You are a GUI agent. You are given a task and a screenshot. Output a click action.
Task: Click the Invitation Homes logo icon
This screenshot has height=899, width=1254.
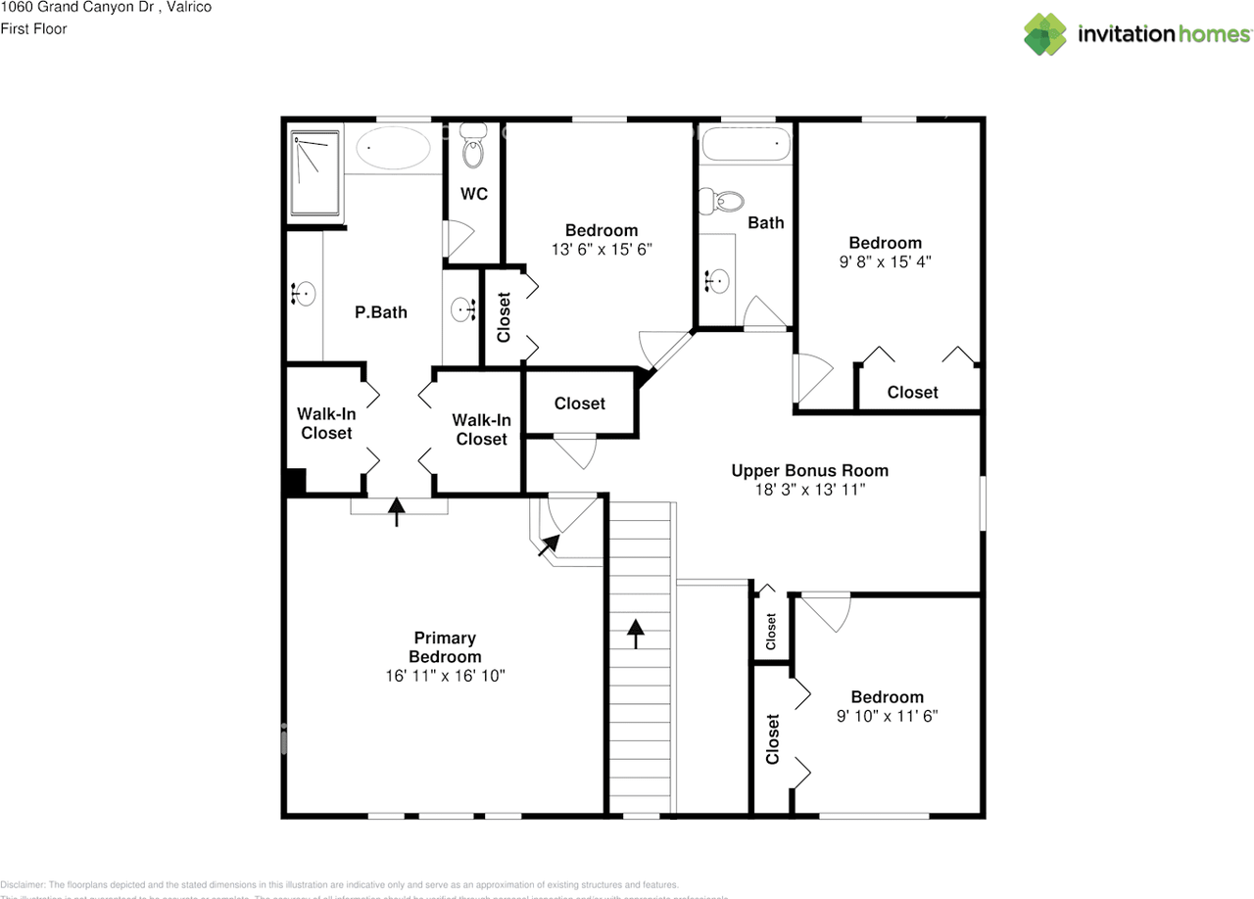point(1045,34)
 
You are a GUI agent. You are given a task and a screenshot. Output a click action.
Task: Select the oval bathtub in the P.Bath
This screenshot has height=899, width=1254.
point(392,150)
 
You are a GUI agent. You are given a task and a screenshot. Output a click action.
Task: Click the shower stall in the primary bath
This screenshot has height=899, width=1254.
point(315,172)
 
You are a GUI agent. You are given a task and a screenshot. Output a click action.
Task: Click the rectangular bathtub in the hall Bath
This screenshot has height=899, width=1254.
point(744,145)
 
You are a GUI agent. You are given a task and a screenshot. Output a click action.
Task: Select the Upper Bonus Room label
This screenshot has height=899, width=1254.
point(809,471)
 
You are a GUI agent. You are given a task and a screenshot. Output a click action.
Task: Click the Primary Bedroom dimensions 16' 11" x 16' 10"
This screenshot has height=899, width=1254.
point(446,676)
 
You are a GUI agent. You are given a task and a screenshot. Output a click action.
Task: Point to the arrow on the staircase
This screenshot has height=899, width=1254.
point(637,634)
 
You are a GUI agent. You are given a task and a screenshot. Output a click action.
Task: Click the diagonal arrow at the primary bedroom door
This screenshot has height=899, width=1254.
point(549,544)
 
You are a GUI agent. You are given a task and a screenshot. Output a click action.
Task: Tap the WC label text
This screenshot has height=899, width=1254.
point(474,195)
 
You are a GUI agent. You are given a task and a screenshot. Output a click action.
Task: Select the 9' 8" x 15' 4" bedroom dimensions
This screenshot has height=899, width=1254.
point(885,261)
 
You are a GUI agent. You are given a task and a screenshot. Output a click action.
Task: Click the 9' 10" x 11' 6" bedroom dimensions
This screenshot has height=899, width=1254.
point(887,716)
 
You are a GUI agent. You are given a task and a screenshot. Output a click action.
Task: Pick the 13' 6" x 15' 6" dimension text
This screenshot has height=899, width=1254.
point(601,250)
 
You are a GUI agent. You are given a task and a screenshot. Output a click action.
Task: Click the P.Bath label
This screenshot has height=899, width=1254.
point(380,312)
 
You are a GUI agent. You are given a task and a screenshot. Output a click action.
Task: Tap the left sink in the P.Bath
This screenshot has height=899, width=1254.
point(304,293)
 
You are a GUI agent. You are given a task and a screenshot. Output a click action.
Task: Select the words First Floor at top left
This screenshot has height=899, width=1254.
point(33,29)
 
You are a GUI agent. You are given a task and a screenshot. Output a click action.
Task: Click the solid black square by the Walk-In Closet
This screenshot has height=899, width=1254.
point(294,482)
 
